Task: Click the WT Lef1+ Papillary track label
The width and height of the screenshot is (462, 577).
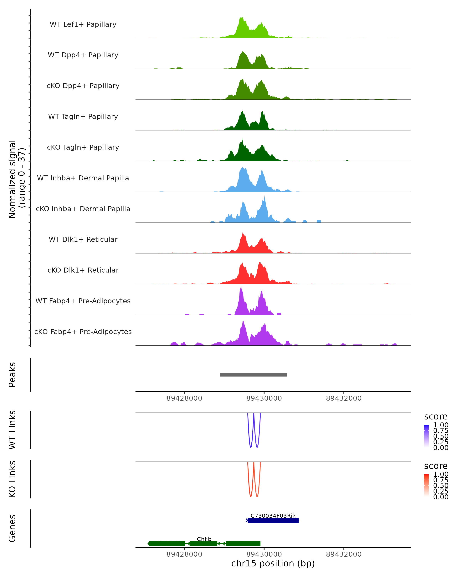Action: pyautogui.click(x=83, y=24)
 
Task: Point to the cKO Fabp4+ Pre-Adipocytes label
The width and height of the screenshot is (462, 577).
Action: pyautogui.click(x=83, y=332)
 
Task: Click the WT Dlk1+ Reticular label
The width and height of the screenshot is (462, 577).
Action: pyautogui.click(x=83, y=239)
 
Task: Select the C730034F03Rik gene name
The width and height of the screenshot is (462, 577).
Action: pyautogui.click(x=273, y=516)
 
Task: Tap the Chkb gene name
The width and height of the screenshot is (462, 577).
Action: pyautogui.click(x=204, y=539)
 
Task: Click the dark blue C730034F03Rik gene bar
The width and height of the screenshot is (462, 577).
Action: pyautogui.click(x=273, y=520)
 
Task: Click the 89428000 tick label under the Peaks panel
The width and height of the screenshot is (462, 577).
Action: pyautogui.click(x=184, y=398)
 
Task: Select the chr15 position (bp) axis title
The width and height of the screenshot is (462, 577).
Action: pyautogui.click(x=273, y=563)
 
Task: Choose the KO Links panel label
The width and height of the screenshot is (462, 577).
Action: pyautogui.click(x=12, y=479)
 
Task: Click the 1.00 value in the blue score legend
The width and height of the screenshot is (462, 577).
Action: pyautogui.click(x=441, y=425)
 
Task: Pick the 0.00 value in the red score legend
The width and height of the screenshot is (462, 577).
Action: pyautogui.click(x=441, y=497)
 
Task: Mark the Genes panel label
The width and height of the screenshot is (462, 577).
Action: pyautogui.click(x=12, y=528)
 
